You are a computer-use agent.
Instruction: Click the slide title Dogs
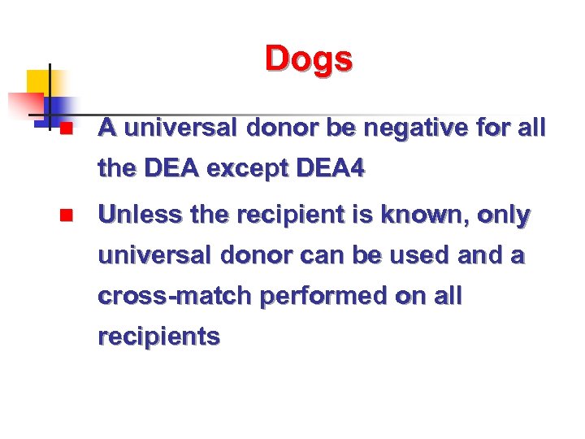click(308, 59)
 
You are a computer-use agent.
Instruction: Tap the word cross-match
click(174, 296)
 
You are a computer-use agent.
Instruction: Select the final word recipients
click(158, 337)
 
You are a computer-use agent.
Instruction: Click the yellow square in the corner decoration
click(38, 81)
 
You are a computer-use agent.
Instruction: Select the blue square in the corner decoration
click(60, 107)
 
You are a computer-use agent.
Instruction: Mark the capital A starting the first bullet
click(106, 128)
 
